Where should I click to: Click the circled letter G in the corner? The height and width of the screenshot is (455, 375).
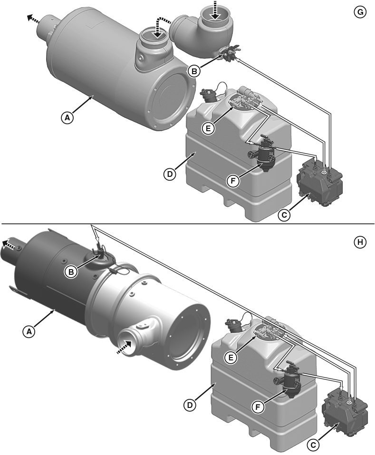click(360, 12)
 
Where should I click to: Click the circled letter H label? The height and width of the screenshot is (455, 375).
click(360, 242)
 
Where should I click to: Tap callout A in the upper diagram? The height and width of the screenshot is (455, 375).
click(67, 118)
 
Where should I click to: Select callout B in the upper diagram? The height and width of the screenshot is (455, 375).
click(194, 71)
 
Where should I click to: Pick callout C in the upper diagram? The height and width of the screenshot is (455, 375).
click(284, 215)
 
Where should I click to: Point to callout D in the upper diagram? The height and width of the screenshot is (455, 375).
click(170, 174)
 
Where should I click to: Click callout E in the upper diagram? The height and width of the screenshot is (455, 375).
click(208, 128)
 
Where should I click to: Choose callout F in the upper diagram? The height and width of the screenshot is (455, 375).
click(233, 181)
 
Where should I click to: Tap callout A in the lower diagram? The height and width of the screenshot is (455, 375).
click(29, 331)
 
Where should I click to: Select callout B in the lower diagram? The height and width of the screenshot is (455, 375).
click(71, 272)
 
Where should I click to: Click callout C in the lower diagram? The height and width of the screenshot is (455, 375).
click(313, 445)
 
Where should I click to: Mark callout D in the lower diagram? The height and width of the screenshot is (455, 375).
click(190, 405)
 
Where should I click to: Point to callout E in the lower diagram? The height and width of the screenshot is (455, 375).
click(231, 358)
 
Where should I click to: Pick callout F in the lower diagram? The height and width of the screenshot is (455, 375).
click(258, 408)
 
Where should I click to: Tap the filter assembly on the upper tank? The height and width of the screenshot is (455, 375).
click(263, 152)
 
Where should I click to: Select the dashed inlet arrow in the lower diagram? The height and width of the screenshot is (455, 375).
click(124, 347)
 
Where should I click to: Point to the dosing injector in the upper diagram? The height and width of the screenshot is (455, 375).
click(229, 53)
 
